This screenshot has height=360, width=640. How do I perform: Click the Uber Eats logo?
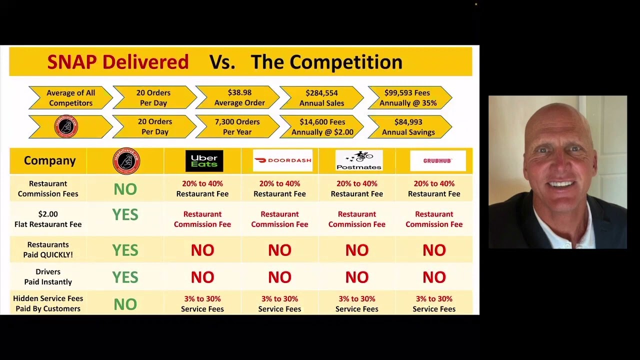point(204,161)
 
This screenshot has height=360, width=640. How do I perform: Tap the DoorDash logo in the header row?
point(282,160)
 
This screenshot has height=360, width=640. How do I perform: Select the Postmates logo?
point(358,160)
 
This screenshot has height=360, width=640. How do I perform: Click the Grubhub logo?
point(437,161)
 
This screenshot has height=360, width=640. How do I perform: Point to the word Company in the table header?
point(49,160)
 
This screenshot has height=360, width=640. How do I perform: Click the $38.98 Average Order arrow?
point(239,97)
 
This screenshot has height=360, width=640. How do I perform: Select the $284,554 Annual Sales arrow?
point(321,97)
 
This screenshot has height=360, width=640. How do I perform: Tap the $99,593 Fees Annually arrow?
point(408,97)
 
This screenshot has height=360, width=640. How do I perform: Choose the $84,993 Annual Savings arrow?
point(408,127)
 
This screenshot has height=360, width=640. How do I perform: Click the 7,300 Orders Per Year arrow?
point(237,127)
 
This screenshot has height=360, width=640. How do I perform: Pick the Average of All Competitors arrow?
point(70,97)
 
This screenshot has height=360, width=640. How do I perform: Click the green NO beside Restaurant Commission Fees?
point(125,189)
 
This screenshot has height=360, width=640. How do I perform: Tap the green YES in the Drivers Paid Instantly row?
point(125,277)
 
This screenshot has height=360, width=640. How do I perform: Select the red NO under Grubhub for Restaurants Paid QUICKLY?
point(434,250)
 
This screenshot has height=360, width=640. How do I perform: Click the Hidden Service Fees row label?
point(48,303)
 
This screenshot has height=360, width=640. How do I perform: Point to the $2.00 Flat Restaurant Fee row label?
point(48,219)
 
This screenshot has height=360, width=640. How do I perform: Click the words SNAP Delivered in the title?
point(118,62)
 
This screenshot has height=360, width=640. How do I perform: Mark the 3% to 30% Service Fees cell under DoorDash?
point(279,303)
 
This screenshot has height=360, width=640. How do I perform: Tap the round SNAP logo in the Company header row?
point(126,161)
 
